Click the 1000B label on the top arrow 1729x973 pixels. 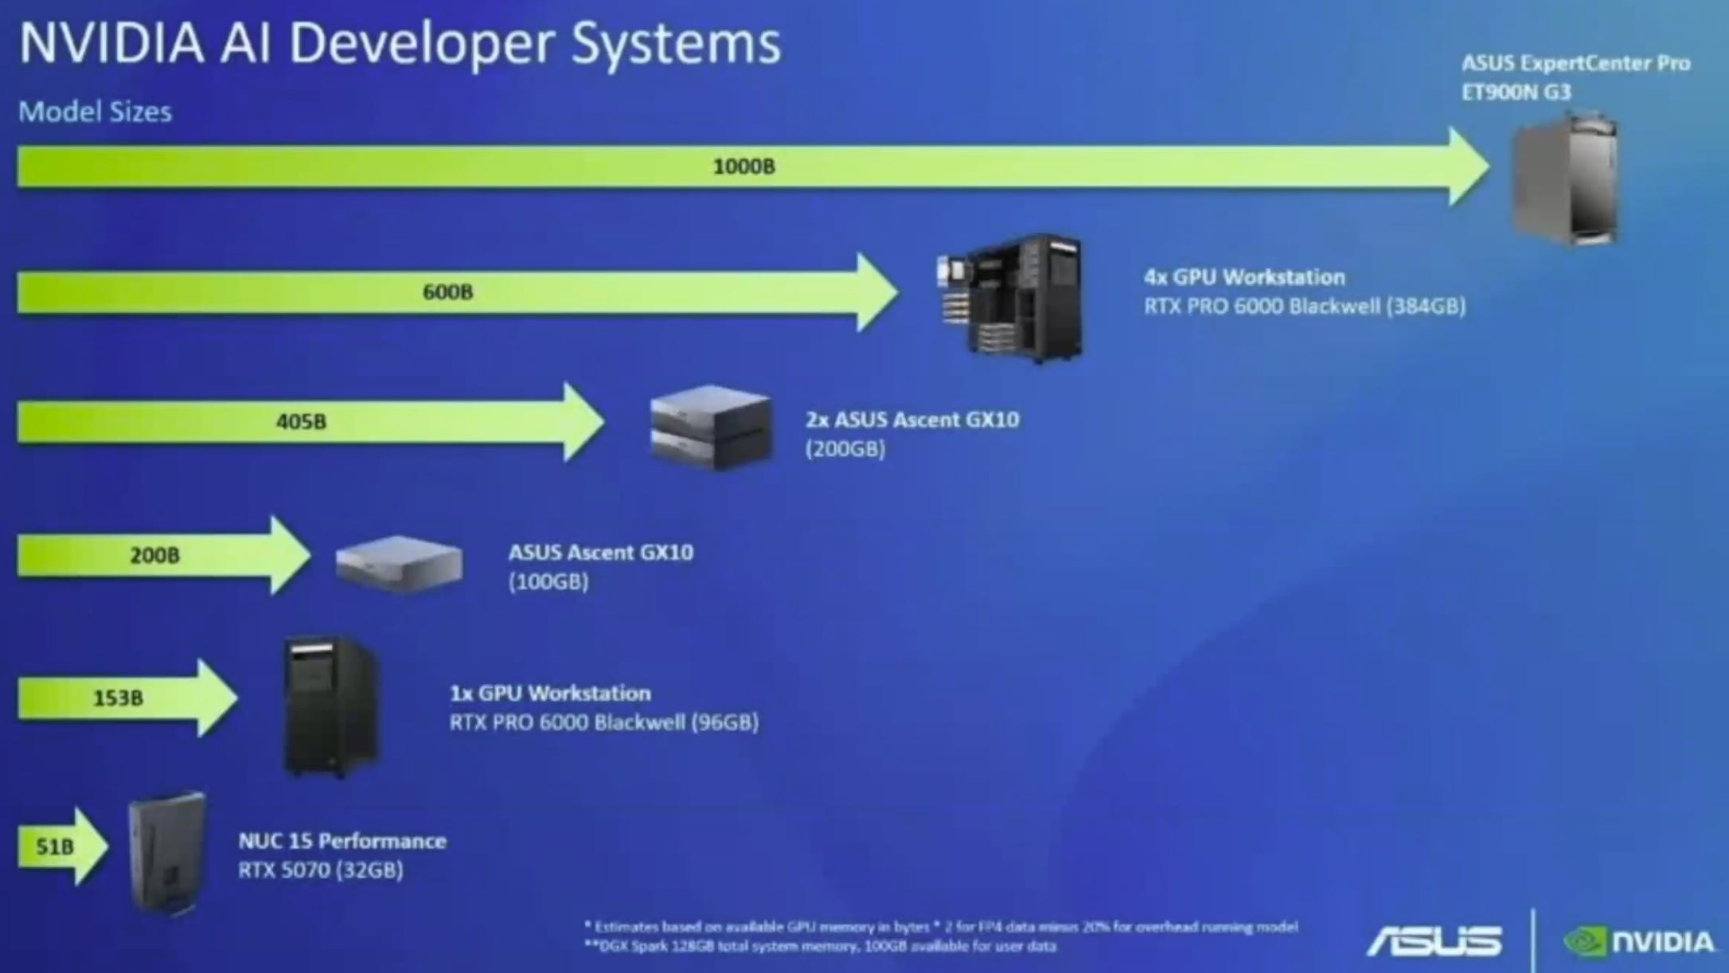[x=744, y=166]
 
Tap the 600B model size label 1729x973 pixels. [x=447, y=292]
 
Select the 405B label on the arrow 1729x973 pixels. [x=301, y=421]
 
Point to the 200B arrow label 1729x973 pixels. [x=154, y=555]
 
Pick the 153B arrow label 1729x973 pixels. [x=118, y=698]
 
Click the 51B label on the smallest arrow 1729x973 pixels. [x=54, y=846]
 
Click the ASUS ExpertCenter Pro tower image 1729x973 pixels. [x=1565, y=179]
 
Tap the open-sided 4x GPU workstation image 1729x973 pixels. [x=1012, y=298]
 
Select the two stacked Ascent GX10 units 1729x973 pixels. [x=711, y=428]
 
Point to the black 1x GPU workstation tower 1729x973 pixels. [x=330, y=707]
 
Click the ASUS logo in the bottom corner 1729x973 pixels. [x=1435, y=941]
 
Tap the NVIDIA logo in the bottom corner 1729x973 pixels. [x=1640, y=942]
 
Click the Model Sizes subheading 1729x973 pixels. [x=95, y=111]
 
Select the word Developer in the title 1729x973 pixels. [x=420, y=44]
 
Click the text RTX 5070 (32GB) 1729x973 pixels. [x=321, y=870]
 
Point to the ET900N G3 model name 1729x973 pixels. [x=1516, y=92]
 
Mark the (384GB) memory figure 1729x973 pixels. [x=1426, y=307]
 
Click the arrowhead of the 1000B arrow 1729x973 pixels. [x=1468, y=166]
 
